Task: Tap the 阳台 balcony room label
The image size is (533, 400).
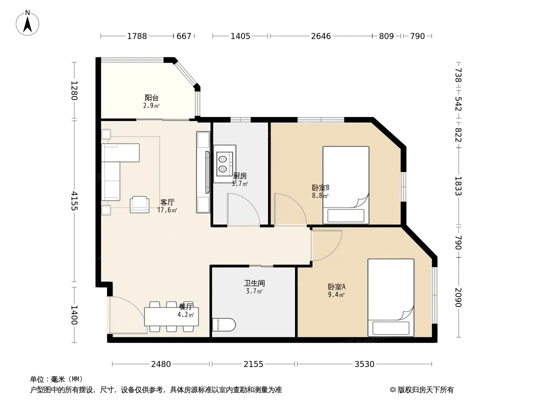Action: pyautogui.click(x=151, y=98)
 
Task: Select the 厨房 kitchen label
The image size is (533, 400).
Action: pyautogui.click(x=240, y=176)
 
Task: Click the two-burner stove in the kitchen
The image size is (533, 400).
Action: pyautogui.click(x=223, y=164)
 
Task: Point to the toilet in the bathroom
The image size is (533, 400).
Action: pyautogui.click(x=223, y=324)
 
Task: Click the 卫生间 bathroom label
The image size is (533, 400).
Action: pyautogui.click(x=254, y=283)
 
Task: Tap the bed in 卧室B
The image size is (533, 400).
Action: pyautogui.click(x=345, y=185)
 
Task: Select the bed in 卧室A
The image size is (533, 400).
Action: pyautogui.click(x=391, y=297)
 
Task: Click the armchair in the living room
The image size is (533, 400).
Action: pyautogui.click(x=139, y=204)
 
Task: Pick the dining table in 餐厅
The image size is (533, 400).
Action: pyautogui.click(x=171, y=316)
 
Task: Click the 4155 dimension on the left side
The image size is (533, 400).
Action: pyautogui.click(x=74, y=201)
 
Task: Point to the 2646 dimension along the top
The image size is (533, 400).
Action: pyautogui.click(x=321, y=36)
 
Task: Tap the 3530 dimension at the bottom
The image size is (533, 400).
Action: pyautogui.click(x=364, y=364)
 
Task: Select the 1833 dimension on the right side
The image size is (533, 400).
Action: pyautogui.click(x=458, y=186)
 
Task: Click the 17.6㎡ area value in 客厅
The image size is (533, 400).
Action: pyautogui.click(x=167, y=210)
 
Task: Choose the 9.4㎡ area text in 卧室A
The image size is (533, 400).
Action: pyautogui.click(x=336, y=294)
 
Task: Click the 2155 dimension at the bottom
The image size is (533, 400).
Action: pyautogui.click(x=253, y=364)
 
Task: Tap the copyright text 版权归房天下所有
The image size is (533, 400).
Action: pyautogui.click(x=425, y=390)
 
